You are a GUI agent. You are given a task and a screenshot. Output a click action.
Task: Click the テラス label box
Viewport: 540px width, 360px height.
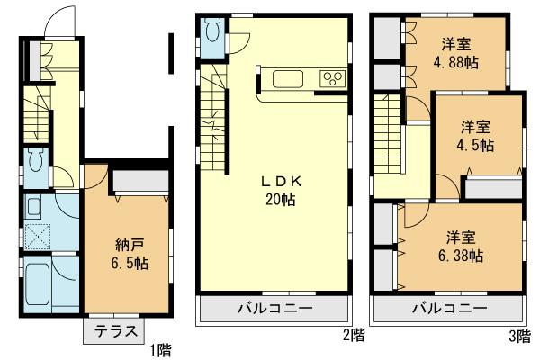click(112, 331)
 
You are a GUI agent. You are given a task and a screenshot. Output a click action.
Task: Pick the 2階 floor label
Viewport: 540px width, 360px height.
click(353, 337)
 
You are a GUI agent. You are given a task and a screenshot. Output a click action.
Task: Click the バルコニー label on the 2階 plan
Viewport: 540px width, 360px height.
click(274, 308)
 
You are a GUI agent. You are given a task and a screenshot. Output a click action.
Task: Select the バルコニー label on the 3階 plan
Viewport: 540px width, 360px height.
click(446, 308)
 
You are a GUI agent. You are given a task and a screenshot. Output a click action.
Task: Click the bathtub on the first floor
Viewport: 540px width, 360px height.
click(39, 285)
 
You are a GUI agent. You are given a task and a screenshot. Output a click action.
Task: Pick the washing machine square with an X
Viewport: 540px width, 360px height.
click(38, 236)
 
